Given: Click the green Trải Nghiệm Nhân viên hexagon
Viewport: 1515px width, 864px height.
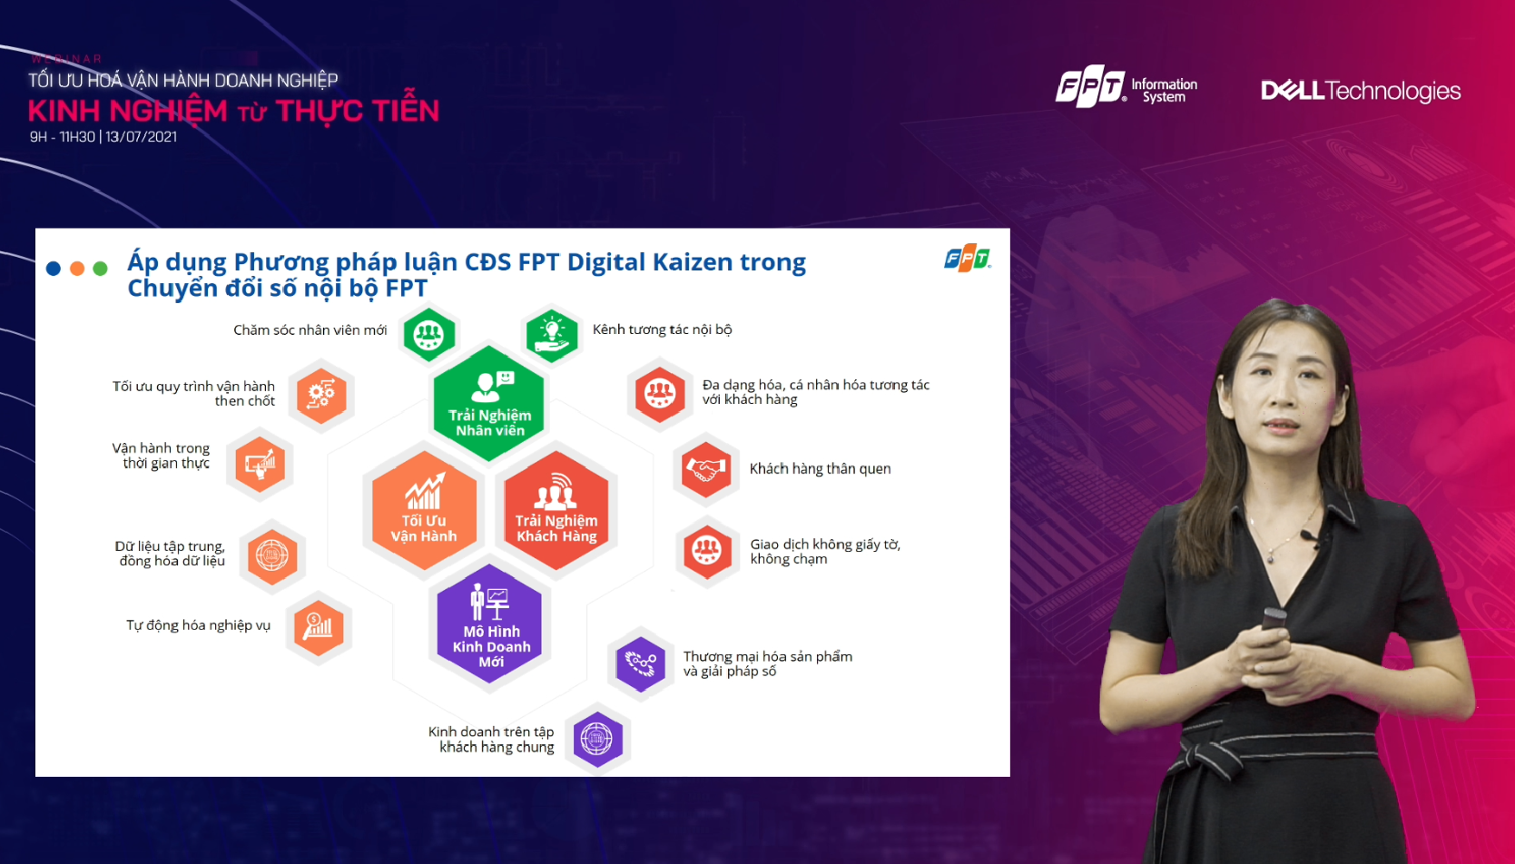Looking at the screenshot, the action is (x=489, y=403).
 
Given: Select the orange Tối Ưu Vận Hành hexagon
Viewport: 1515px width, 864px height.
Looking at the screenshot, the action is (x=424, y=510).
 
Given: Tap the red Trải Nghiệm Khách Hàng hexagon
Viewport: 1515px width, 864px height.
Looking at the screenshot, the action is (x=556, y=510).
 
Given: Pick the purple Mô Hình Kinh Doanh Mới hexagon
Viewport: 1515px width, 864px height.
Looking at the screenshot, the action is (x=489, y=623).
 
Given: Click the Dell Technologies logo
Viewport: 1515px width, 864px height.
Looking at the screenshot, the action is (x=1361, y=91).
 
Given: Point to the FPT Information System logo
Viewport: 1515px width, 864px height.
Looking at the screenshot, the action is (x=1126, y=86).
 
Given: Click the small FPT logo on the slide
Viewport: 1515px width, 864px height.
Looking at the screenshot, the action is (x=967, y=259).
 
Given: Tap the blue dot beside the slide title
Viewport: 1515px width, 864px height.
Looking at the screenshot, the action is (x=54, y=269).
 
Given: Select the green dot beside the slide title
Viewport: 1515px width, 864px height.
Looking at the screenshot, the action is (x=100, y=269).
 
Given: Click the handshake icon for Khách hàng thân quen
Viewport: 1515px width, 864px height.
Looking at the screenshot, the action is (x=705, y=468).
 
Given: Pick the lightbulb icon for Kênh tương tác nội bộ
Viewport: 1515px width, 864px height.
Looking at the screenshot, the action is (x=552, y=335).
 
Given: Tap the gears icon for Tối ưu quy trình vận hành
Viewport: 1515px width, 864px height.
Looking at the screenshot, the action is (x=321, y=395).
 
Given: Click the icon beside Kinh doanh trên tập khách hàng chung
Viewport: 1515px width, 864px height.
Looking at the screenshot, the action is (x=597, y=739).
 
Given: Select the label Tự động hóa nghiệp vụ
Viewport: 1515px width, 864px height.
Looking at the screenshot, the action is (x=198, y=625).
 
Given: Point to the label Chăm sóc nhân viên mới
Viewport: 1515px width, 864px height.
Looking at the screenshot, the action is (x=310, y=330).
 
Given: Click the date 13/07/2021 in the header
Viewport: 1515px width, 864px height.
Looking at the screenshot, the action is (x=141, y=136).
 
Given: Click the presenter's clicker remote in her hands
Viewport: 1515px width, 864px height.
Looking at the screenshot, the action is (x=1273, y=620).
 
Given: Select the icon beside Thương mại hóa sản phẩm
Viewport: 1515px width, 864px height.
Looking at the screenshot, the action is (x=641, y=664).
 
